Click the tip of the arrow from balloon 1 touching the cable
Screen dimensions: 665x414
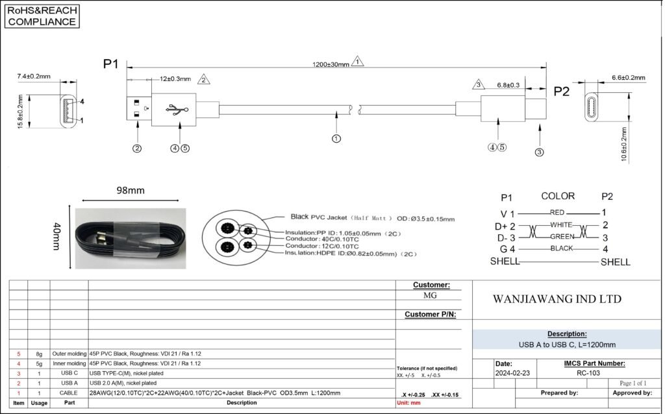pyautogui.click(x=336, y=111)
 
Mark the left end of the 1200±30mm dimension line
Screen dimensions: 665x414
pyautogui.click(x=127, y=67)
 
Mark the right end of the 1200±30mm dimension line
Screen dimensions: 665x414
pyautogui.click(x=546, y=67)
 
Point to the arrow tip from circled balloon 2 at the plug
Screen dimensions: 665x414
pyautogui.click(x=138, y=121)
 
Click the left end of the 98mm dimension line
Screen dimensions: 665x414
pyautogui.click(x=82, y=201)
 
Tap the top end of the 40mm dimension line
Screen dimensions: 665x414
pyautogui.click(x=69, y=205)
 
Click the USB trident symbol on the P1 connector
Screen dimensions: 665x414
pyautogui.click(x=177, y=109)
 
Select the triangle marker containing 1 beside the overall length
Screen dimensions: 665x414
pyautogui.click(x=358, y=61)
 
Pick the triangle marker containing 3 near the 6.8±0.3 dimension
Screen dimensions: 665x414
pyautogui.click(x=479, y=84)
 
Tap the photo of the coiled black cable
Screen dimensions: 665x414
pyautogui.click(x=131, y=238)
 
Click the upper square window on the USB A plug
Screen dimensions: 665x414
pyautogui.click(x=136, y=103)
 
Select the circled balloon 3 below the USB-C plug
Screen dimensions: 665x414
pyautogui.click(x=540, y=152)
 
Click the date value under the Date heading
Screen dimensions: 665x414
pyautogui.click(x=512, y=373)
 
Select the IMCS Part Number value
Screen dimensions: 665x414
pyautogui.click(x=588, y=373)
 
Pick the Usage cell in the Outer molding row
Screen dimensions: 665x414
pyautogui.click(x=39, y=354)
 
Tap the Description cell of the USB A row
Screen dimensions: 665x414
pyautogui.click(x=123, y=383)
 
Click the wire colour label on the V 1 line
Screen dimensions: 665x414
pyautogui.click(x=557, y=212)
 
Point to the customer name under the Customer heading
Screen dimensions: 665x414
pyautogui.click(x=430, y=295)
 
